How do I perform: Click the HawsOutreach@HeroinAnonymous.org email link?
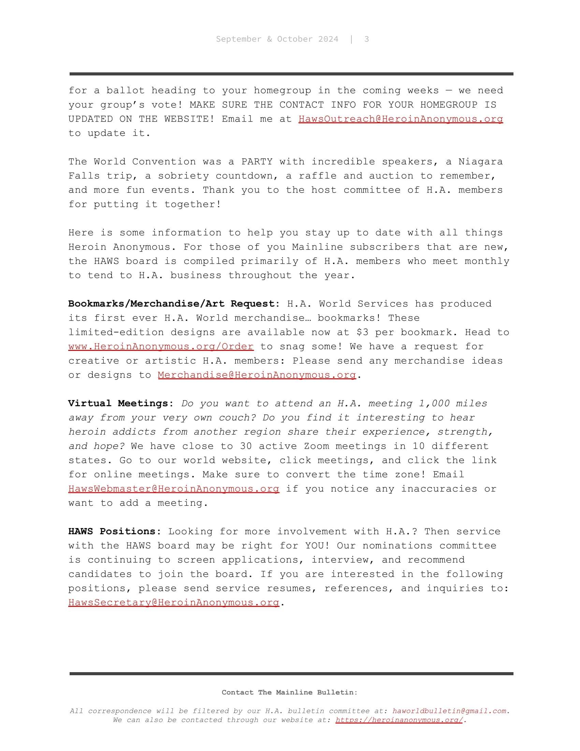(400, 119)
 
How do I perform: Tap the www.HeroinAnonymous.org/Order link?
(161, 346)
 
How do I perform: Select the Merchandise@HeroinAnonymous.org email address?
(257, 375)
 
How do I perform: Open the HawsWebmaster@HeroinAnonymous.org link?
(174, 488)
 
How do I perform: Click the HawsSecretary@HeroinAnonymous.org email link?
(174, 603)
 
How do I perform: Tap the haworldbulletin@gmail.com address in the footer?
(450, 711)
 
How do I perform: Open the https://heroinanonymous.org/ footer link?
(399, 720)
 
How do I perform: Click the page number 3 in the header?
(367, 39)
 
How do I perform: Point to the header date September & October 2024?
(277, 39)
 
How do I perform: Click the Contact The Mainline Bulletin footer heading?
(289, 693)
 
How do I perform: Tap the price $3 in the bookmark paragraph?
(362, 332)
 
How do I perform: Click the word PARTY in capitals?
(257, 161)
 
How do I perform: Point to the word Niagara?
(480, 161)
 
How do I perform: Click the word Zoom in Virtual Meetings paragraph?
(317, 446)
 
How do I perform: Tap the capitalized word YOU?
(317, 546)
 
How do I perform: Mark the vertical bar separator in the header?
(351, 39)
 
